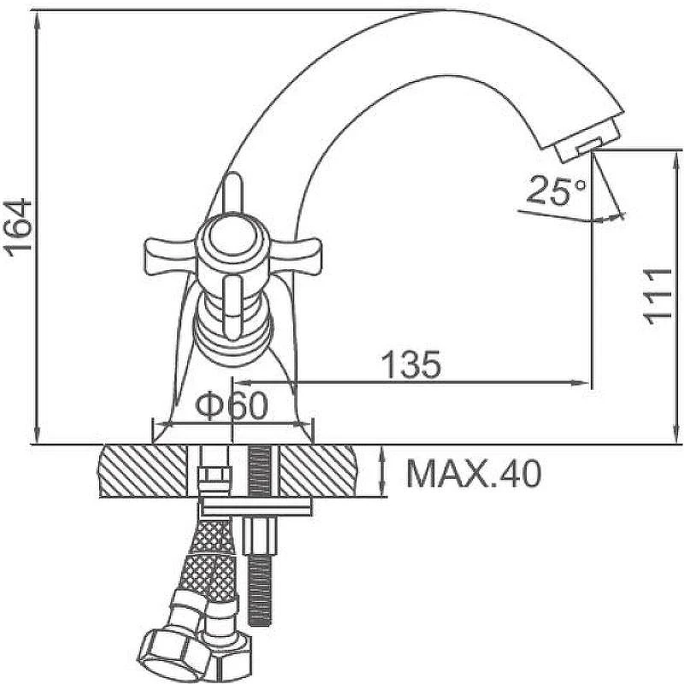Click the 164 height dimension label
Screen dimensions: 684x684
click(x=18, y=225)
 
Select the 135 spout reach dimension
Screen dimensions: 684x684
click(x=411, y=364)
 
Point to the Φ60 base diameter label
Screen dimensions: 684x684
click(x=231, y=405)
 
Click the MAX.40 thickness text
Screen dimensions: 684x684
click(x=475, y=473)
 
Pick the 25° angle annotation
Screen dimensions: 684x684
click(x=557, y=190)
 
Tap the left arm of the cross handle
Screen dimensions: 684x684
click(x=170, y=256)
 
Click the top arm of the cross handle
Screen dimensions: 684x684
click(x=233, y=192)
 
